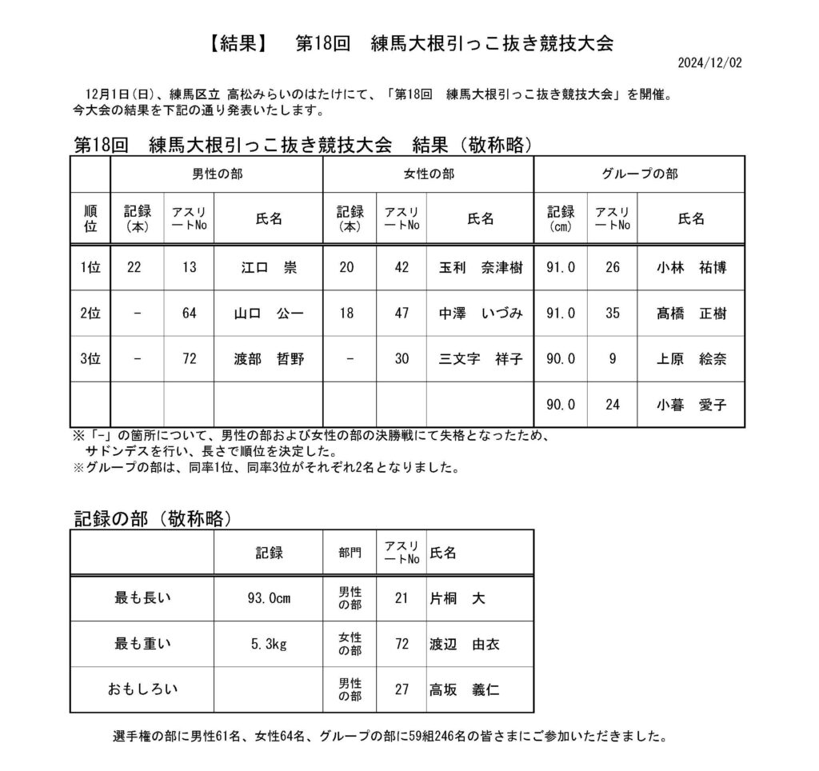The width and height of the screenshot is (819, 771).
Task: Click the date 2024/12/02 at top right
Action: [x=709, y=62]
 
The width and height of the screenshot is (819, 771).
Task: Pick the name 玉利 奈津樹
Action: [x=480, y=268]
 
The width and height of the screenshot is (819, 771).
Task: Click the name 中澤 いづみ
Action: [x=480, y=314]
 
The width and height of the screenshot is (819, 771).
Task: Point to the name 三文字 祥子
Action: [x=480, y=359]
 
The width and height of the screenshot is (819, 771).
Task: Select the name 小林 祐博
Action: [x=691, y=268]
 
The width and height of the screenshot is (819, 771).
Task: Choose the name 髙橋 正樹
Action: [x=691, y=314]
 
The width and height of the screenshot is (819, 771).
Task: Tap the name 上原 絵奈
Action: [x=691, y=359]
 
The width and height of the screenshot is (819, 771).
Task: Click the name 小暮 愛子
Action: [x=691, y=405]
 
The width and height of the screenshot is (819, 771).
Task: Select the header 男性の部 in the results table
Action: [x=216, y=174]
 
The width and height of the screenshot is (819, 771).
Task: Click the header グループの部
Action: [x=639, y=174]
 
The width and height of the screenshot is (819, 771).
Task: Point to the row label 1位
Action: [x=90, y=268]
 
